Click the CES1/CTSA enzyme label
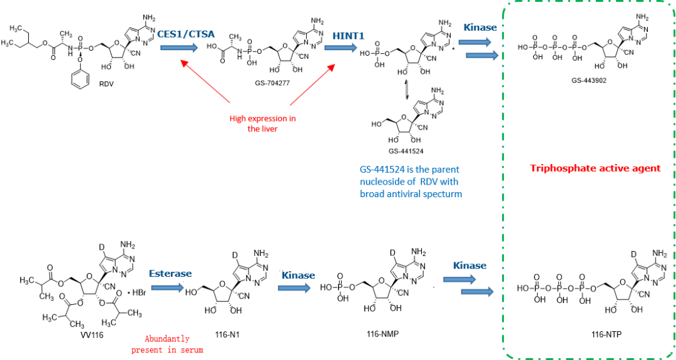point(185,34)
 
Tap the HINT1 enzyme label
point(348,36)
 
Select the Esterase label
point(170,274)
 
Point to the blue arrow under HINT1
point(341,48)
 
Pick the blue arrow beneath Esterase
point(168,288)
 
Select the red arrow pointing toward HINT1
point(313,84)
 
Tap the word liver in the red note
point(270,129)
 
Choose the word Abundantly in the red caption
point(167,339)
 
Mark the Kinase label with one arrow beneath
point(298,275)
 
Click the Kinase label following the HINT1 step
point(480,28)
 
